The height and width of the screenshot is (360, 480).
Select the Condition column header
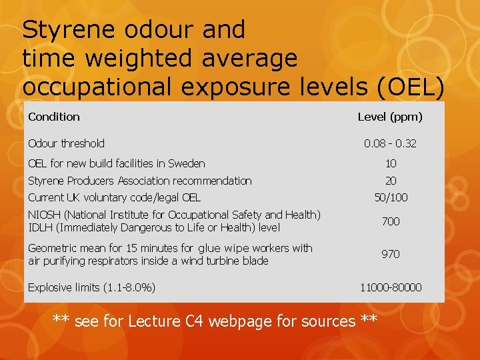pos(54,117)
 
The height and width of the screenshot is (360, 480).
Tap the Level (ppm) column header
pos(390,117)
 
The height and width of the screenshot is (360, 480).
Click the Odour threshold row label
pos(66,143)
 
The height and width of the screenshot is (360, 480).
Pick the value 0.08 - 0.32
pos(390,143)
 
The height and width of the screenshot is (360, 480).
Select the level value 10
pos(390,164)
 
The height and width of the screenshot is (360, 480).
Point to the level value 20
pos(390,181)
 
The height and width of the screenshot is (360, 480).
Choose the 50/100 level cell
pos(390,197)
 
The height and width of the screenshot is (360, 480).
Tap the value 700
pos(390,221)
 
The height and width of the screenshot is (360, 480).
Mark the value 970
pos(390,254)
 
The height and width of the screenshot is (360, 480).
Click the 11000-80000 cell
pos(390,287)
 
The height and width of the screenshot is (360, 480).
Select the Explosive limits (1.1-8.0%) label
pos(92,287)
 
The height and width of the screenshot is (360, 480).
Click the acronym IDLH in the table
pos(39,227)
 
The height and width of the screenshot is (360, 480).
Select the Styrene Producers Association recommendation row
pos(140,181)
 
